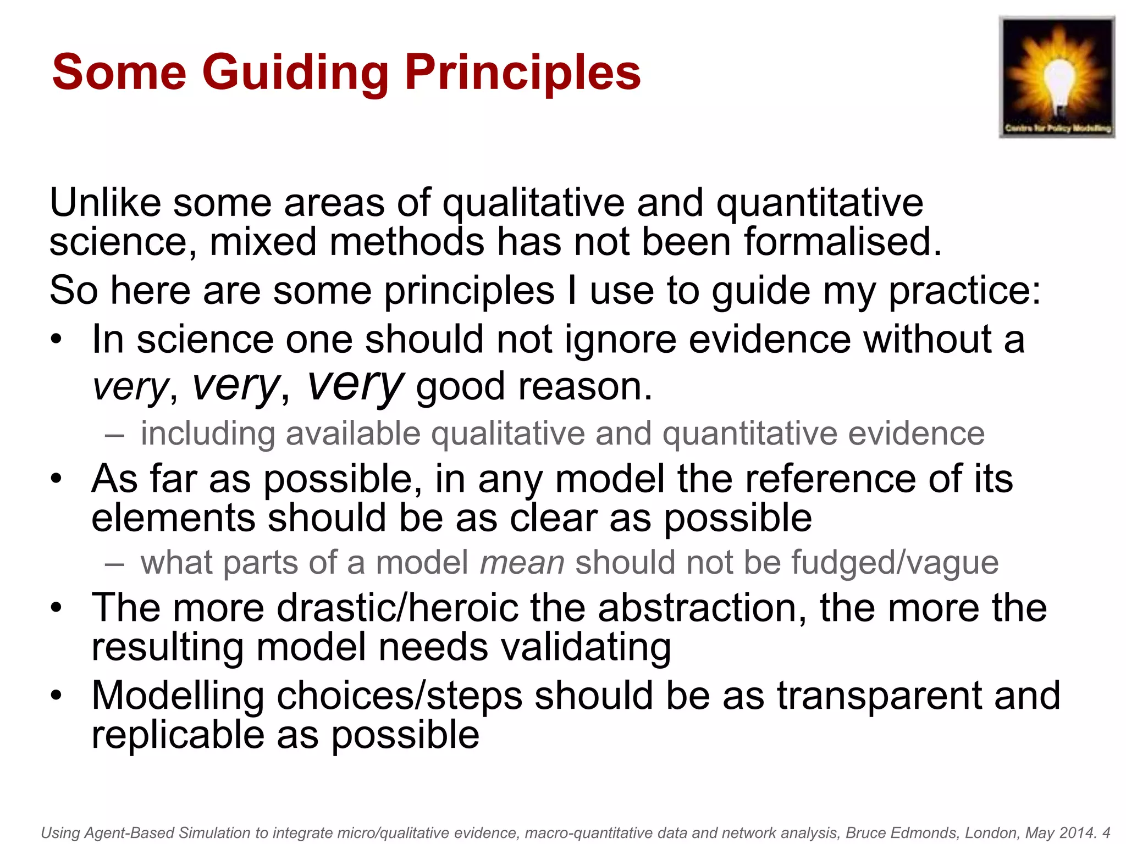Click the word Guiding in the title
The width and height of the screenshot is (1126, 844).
pos(296,73)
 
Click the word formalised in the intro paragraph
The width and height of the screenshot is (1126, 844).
pos(842,242)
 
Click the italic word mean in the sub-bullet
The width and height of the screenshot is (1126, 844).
pos(522,563)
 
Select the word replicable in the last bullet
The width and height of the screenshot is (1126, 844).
pos(178,735)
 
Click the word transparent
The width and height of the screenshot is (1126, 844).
pos(879,696)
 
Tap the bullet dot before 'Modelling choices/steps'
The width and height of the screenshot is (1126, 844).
pos(56,696)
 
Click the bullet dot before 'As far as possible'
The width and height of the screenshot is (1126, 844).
pos(56,479)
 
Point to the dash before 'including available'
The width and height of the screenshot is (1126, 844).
pos(114,435)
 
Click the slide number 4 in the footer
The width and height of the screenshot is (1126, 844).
pos(1106,833)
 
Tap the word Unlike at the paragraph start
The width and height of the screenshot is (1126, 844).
pos(105,203)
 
